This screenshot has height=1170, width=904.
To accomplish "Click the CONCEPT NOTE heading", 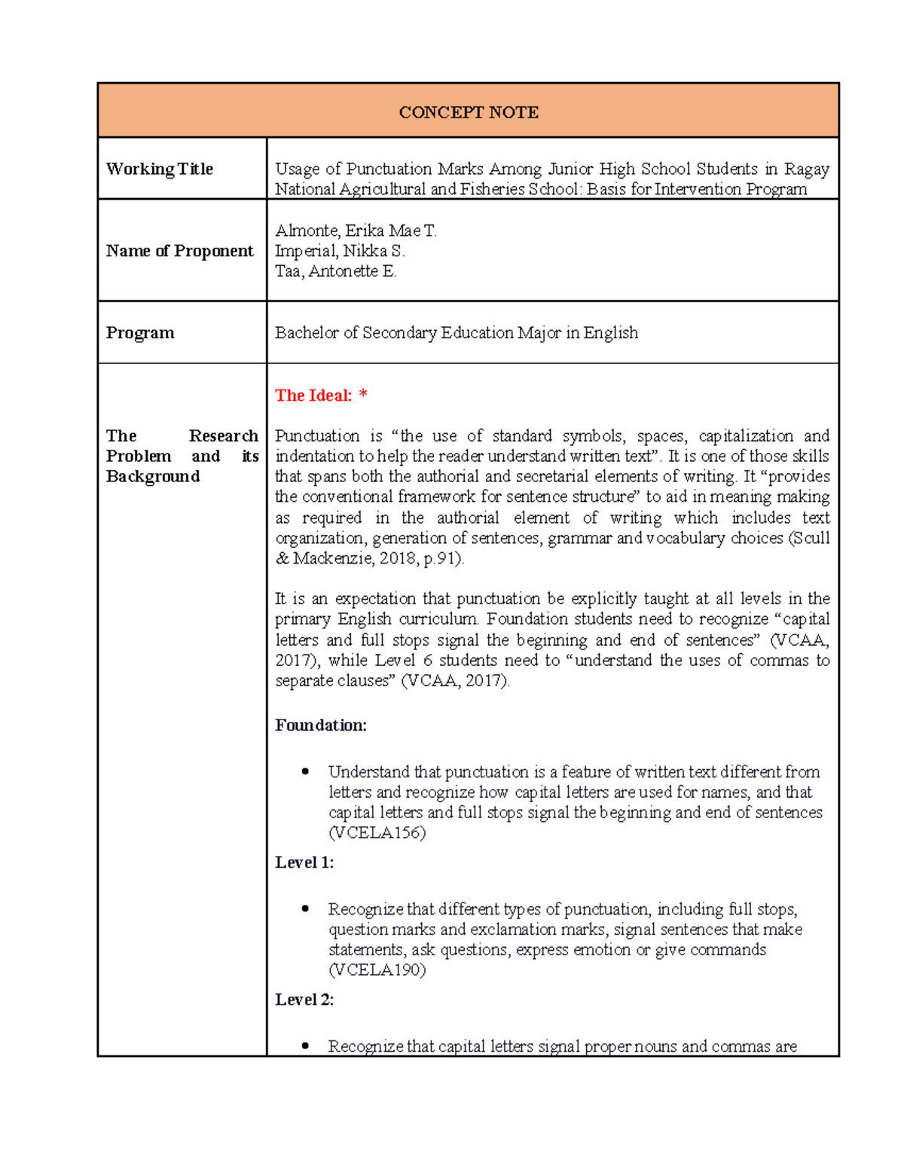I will coord(468,112).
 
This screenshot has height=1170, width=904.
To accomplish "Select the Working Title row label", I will coord(159,169).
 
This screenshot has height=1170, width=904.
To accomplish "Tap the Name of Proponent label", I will coord(179,251).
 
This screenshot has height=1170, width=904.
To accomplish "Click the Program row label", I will coord(140,333).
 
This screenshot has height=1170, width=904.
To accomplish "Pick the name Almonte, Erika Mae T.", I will coord(356,231).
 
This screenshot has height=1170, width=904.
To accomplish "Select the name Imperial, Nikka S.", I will coord(340,251).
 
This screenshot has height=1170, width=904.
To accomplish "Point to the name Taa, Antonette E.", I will coord(335,271).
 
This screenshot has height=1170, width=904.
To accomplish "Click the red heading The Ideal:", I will coord(313,396).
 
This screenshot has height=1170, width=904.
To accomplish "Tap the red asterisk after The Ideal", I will coord(364,394).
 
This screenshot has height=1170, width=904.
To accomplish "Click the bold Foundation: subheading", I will coord(321,726).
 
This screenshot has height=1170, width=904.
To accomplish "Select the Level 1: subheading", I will coord(304,863).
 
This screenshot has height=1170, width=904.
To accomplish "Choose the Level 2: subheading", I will coord(304,1000).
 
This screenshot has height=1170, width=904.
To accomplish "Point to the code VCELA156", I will coord(377,833).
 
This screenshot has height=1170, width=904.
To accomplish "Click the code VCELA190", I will coord(377,970).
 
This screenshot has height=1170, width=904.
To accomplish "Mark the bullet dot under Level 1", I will coord(305,909).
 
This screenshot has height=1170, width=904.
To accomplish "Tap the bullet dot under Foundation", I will coord(305,771).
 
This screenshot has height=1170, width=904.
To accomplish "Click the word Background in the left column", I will coord(153,477).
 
